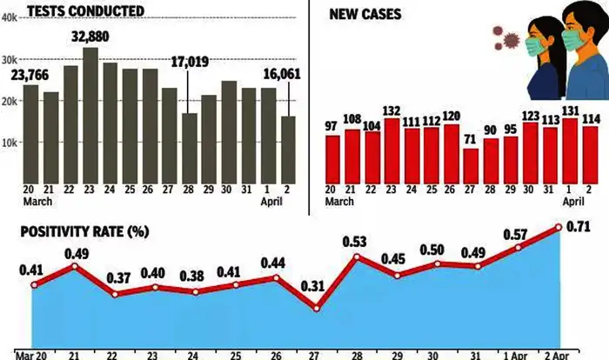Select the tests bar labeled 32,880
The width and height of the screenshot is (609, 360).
[90, 113]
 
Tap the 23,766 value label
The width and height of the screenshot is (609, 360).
[30, 74]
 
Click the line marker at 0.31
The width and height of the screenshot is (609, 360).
[317, 308]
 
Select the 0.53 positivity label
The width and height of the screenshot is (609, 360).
[358, 240]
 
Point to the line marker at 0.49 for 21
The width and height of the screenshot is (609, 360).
[75, 265]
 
